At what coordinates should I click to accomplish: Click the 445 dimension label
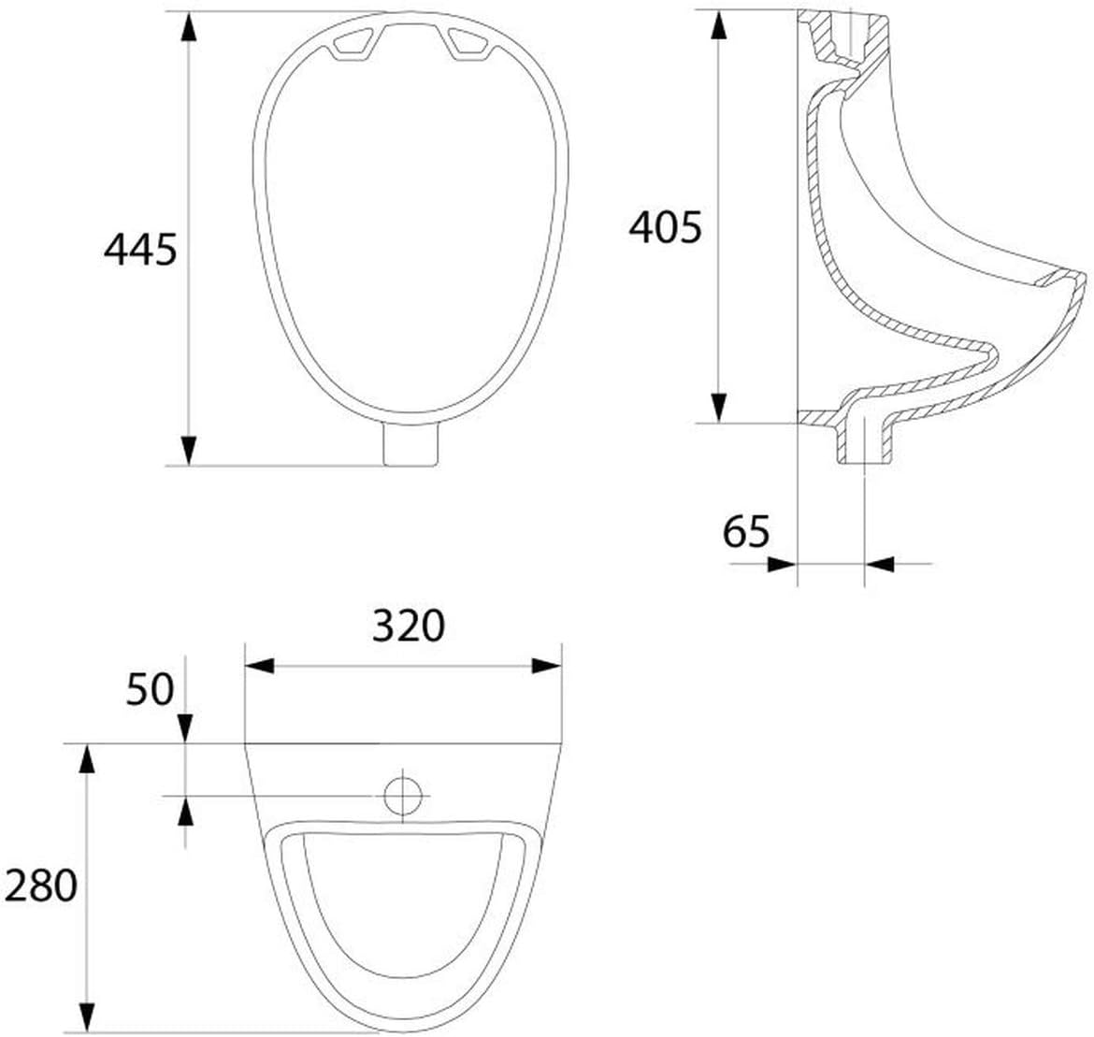[x=140, y=249]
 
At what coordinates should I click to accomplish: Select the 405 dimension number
[x=665, y=227]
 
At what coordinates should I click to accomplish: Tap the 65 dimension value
[x=746, y=532]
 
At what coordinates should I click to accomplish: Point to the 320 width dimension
[x=409, y=626]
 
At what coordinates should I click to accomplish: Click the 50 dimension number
[x=150, y=689]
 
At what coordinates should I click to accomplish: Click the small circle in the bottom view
[x=403, y=796]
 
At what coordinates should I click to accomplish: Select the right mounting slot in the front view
[x=469, y=43]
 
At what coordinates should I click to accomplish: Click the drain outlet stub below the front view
[x=410, y=445]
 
